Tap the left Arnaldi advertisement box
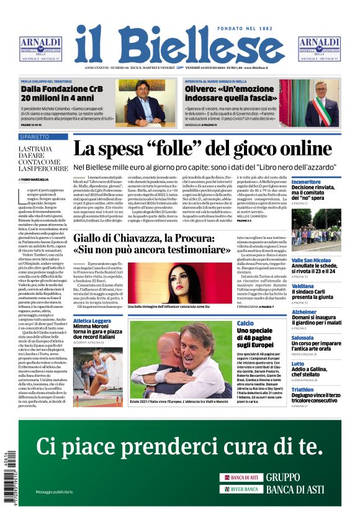coord(41,48)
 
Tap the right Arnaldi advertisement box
coord(318,48)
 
